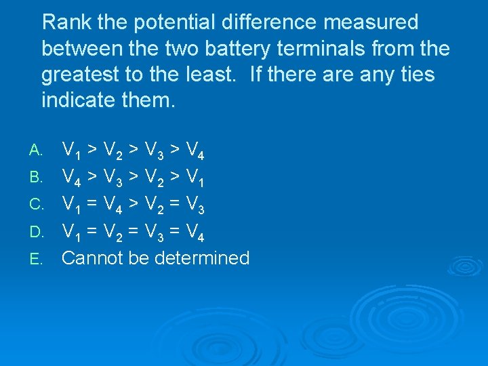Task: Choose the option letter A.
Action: point(37,149)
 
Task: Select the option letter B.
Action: point(37,178)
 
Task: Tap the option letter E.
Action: point(37,259)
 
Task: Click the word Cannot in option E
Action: point(96,258)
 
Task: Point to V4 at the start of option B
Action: point(71,178)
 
